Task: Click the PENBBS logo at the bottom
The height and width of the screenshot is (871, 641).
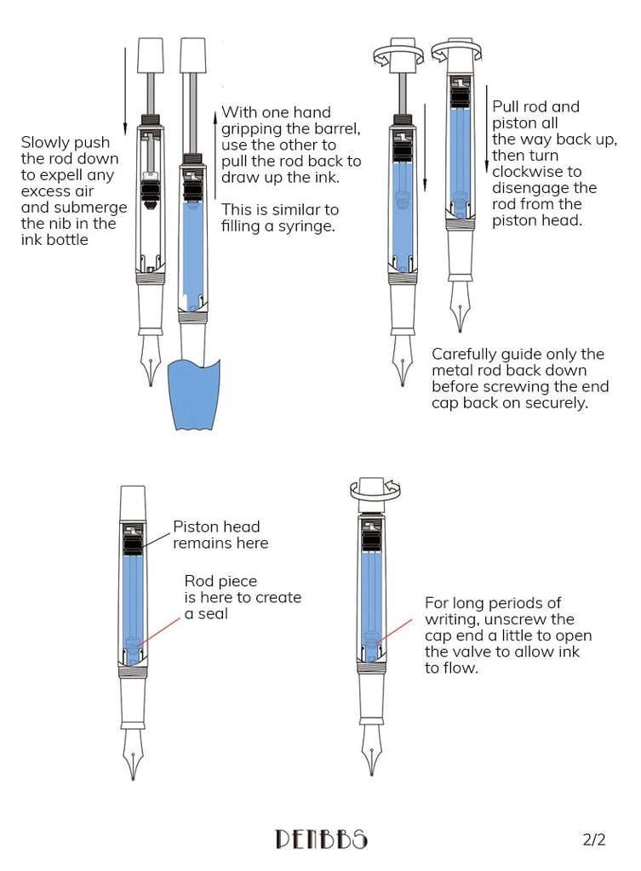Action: [321, 840]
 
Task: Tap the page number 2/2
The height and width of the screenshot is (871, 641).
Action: [593, 840]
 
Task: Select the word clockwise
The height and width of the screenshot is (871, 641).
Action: [526, 172]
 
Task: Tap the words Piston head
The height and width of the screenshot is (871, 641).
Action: [216, 527]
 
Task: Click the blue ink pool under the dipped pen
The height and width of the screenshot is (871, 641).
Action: [194, 396]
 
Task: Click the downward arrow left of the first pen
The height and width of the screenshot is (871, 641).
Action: [125, 85]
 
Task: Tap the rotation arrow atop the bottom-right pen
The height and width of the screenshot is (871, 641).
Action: [375, 488]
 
